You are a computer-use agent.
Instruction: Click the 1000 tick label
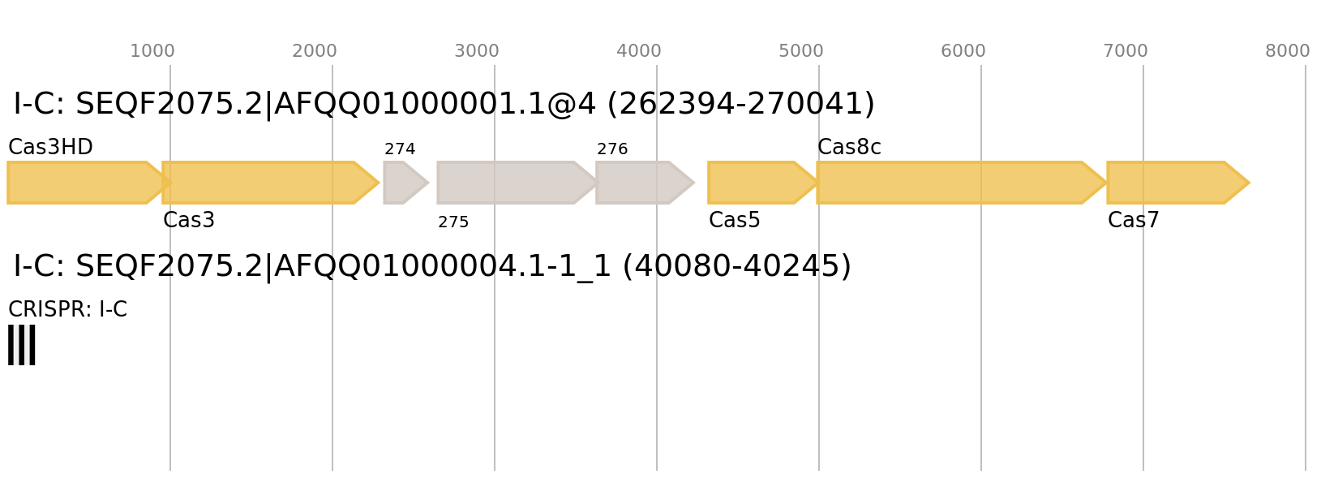click(152, 51)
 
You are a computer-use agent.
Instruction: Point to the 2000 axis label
click(314, 51)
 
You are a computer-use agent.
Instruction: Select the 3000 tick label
click(476, 51)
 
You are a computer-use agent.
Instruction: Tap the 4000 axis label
click(638, 51)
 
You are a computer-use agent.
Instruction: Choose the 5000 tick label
click(800, 51)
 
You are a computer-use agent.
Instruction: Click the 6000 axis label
click(963, 51)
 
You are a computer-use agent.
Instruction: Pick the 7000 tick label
click(1125, 51)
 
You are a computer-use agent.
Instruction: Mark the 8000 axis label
click(1287, 51)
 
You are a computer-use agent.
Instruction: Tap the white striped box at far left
click(22, 345)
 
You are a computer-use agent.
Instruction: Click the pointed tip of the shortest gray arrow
click(428, 183)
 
